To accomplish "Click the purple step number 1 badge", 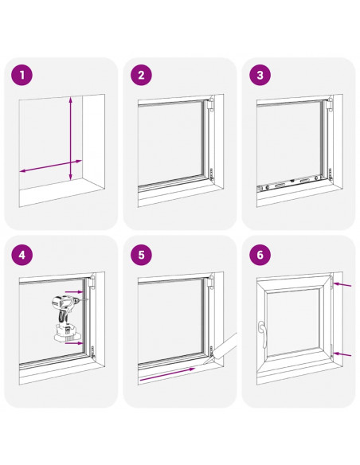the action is pos(22,75).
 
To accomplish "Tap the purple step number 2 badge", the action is pos(141,75).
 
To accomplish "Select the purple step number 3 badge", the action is pos(260,75).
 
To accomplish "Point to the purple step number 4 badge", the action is pos(22,255).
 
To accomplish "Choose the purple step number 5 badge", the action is pos(141,255).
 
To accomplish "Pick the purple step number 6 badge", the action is pos(260,255).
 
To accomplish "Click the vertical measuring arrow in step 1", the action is pos(71,139).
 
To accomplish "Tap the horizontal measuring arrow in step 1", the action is pos(50,166).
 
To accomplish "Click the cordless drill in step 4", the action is pos(66,318).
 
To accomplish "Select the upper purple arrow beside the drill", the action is pos(74,292).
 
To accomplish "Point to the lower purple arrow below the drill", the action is pos(74,343).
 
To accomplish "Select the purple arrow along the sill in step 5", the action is pos(167,374).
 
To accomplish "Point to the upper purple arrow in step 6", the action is pos(342,285).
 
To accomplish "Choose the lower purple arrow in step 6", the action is pos(342,354).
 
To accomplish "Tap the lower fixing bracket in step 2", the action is pos(212,174).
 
